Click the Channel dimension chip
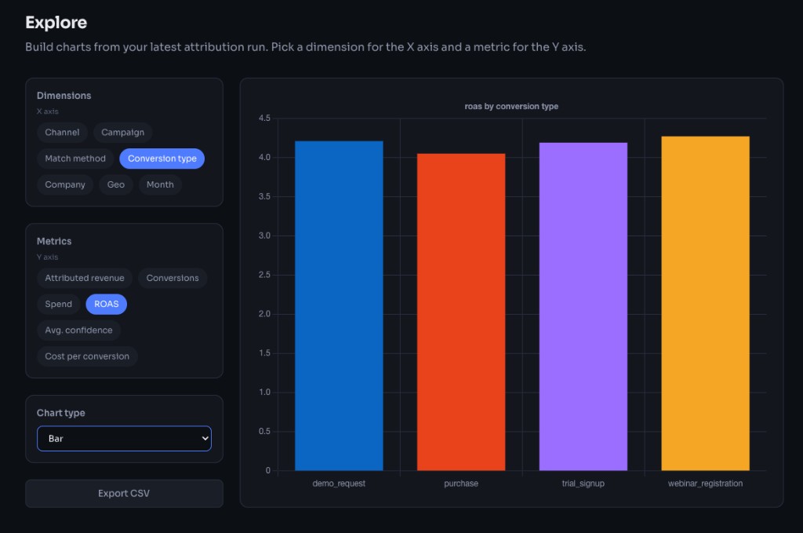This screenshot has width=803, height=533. pos(62,133)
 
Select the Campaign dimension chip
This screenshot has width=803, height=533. pos(122,133)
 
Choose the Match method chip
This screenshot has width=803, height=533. pos(75,159)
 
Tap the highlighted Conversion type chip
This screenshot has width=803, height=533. pos(162,159)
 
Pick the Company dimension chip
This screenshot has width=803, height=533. pos(65,184)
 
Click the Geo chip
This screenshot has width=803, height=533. pos(116,184)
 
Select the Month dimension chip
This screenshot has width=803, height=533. pos(160,184)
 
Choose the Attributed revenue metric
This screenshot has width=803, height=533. pos(85,278)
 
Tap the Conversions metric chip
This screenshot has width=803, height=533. pos(173,278)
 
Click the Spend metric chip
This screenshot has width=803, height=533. pos(58,304)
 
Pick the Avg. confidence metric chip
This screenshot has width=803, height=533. pos(78,330)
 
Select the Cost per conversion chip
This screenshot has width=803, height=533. pos(87,356)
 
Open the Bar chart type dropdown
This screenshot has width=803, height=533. pos(124,439)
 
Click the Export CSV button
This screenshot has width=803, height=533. pos(124,494)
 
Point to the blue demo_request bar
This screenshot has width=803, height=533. pos(339,306)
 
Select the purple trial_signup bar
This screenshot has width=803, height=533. pos(583,307)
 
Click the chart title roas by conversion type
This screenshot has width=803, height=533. pos(511,106)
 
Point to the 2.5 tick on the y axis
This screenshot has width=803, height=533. pos(263,275)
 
